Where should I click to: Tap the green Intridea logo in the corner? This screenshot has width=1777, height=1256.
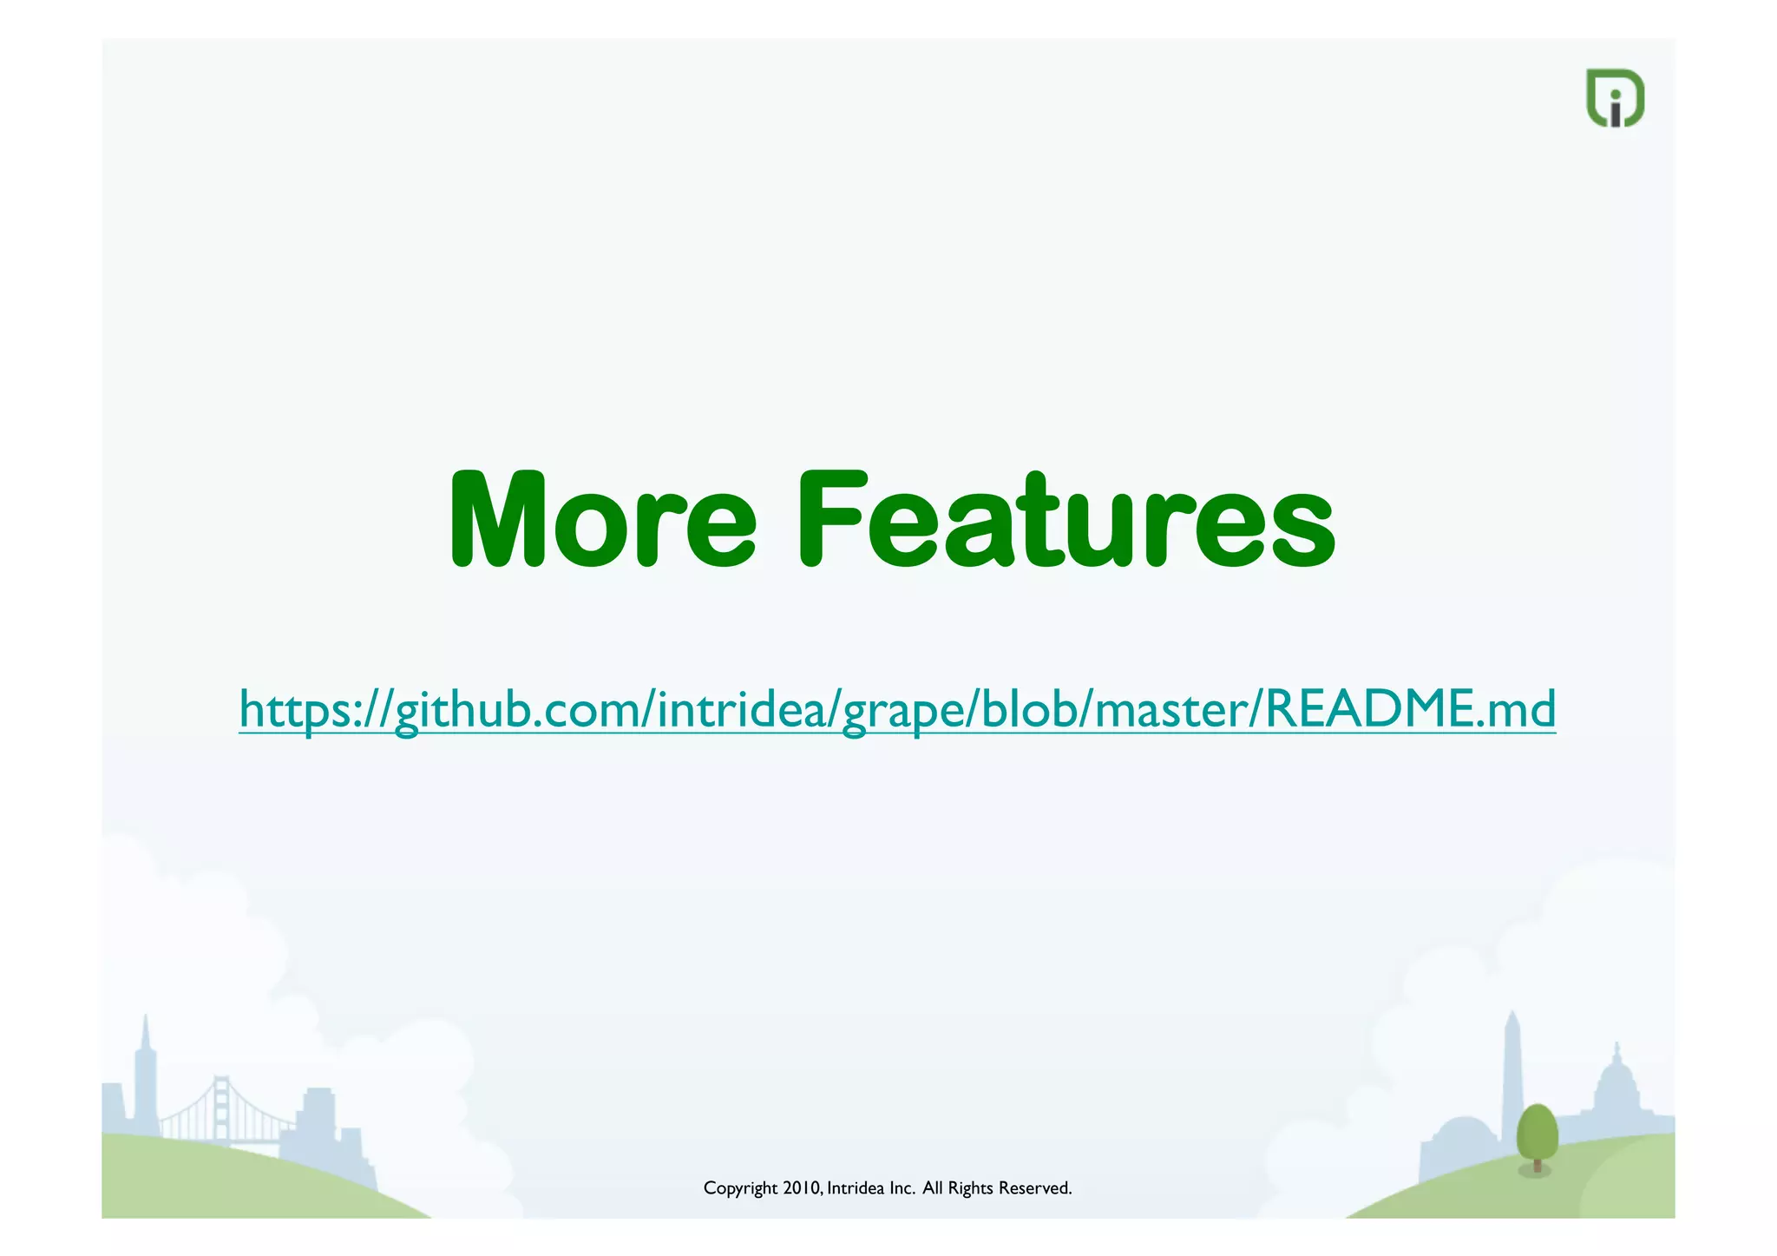point(1614,98)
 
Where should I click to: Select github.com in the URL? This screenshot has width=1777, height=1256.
point(515,710)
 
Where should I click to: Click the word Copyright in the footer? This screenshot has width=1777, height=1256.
point(739,1188)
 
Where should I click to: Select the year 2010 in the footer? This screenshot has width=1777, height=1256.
point(801,1187)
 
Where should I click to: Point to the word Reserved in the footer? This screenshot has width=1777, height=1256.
point(1034,1187)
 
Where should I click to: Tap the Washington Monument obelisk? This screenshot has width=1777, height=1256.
point(1512,1076)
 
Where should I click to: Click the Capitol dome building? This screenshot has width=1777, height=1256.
point(1616,1089)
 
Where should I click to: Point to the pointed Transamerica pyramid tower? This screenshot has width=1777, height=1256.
point(146,1076)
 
